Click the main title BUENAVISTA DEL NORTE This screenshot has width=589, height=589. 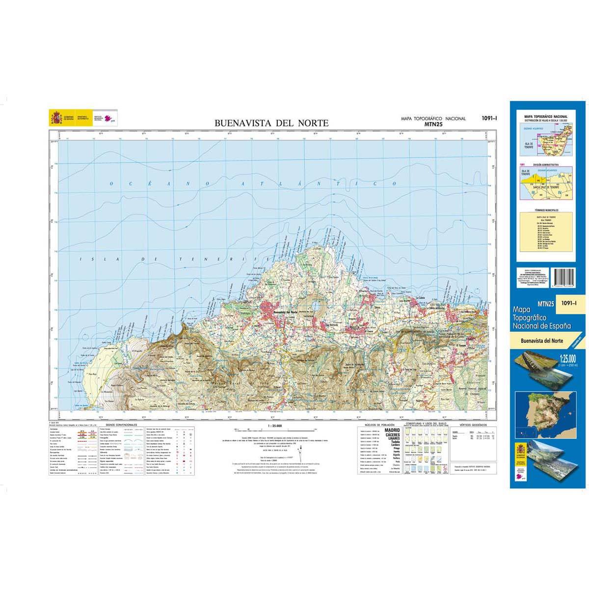(x=271, y=123)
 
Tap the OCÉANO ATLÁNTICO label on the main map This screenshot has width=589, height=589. (x=253, y=184)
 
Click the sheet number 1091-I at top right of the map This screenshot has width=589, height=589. (x=489, y=118)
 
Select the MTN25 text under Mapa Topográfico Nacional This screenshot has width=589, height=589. (x=433, y=125)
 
